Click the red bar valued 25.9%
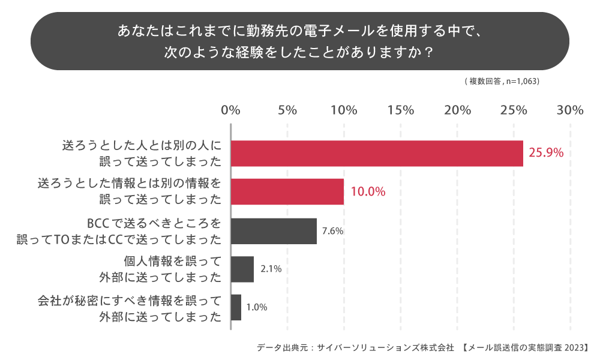tap(377, 154)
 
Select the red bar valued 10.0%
tap(287, 192)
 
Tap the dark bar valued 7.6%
tap(274, 231)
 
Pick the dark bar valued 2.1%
tap(242, 269)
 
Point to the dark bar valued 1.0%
tap(236, 307)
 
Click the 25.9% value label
tap(546, 153)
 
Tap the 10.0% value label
tap(367, 192)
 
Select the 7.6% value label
tap(332, 230)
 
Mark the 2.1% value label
tap(271, 269)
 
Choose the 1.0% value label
tap(257, 307)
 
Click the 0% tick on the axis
tap(231, 110)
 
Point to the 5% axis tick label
tap(287, 110)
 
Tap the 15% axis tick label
tap(401, 110)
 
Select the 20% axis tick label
tap(457, 110)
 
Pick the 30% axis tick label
tap(570, 110)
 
